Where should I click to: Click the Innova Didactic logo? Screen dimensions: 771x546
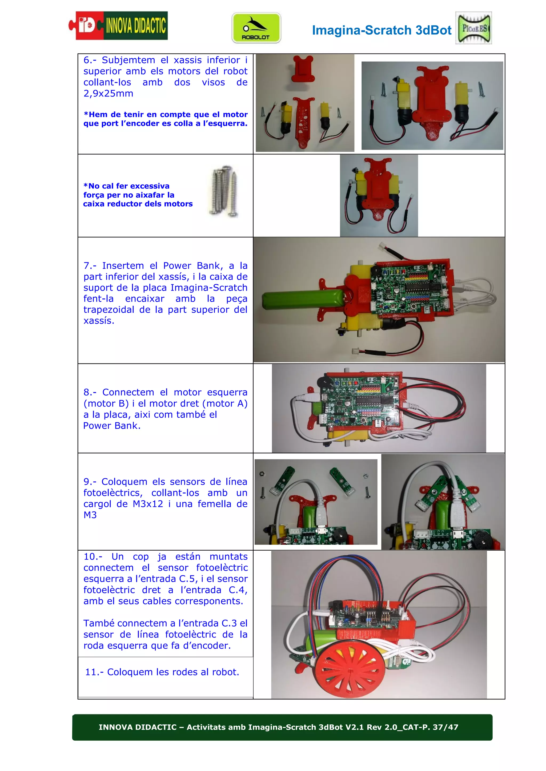118,26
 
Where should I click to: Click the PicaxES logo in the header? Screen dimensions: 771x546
473,28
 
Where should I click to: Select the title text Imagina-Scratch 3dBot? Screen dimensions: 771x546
381,30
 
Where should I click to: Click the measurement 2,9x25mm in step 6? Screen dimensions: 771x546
108,94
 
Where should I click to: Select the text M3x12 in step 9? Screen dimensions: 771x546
148,504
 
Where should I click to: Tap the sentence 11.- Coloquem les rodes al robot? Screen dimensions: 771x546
162,672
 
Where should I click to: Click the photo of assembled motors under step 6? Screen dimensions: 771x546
379,196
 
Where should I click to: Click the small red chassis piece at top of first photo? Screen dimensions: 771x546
303,69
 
